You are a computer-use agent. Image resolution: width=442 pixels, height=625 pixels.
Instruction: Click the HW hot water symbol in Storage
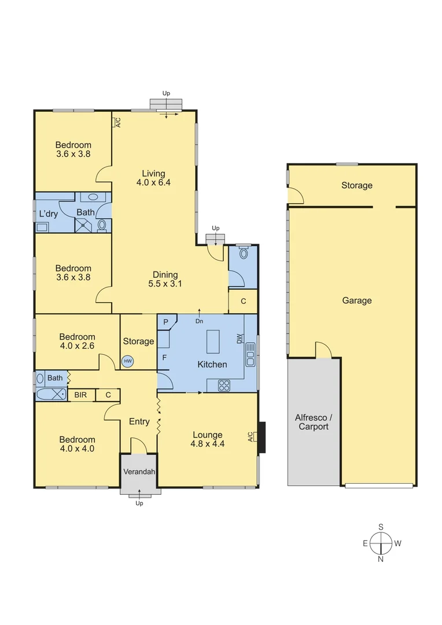pos(127,361)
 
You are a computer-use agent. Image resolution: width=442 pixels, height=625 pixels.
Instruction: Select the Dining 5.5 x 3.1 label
pos(165,280)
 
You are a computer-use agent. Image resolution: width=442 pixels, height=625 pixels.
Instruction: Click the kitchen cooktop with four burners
pos(224,385)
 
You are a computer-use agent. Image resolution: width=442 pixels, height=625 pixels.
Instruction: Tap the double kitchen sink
pos(251,354)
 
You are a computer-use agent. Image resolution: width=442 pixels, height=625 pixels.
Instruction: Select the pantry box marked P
pos(165,322)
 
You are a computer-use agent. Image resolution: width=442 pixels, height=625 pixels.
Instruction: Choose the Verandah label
pos(139,472)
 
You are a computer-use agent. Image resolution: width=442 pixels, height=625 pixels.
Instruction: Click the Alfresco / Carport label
pos(313,422)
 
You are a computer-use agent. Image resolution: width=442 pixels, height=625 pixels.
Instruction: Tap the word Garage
pos(356,300)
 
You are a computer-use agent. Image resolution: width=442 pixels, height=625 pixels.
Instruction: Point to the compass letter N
pos(381,559)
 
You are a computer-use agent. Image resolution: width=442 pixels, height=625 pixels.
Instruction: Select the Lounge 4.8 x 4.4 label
pos(207,440)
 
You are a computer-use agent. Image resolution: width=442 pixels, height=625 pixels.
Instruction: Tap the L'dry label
pos(49,214)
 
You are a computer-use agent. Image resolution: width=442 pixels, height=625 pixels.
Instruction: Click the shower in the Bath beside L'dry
pos(84,225)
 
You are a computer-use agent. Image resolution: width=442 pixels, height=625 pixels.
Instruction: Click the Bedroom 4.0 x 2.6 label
pos(77,341)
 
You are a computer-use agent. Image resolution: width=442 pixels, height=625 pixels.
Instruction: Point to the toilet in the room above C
pos(243,253)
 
